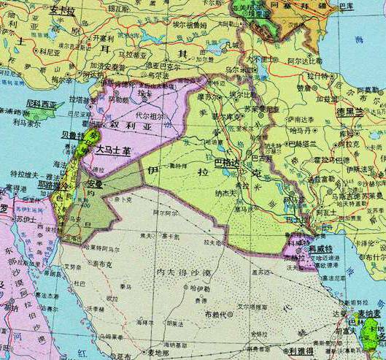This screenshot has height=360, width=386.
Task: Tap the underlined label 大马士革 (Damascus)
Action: point(114,150)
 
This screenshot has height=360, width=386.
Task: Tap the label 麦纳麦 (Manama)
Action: point(369,313)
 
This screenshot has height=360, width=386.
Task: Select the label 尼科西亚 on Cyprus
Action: point(42,104)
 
